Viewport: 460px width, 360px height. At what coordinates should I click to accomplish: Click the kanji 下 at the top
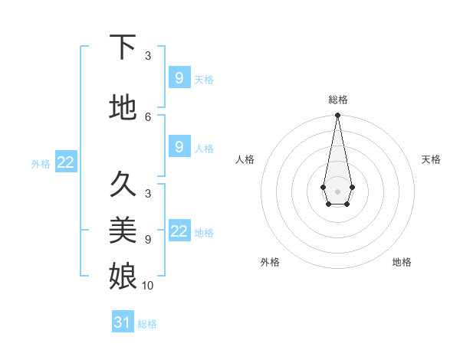123,47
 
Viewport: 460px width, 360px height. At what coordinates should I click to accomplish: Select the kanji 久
123,184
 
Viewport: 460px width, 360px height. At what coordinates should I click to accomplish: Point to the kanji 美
123,230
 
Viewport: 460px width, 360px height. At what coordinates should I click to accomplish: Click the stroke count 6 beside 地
148,116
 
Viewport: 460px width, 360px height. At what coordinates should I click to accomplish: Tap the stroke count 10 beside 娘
148,285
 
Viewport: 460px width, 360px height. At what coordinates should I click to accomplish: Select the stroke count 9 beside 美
148,239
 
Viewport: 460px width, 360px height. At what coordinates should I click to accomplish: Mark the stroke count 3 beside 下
148,56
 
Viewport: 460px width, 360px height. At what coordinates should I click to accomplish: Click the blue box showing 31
123,322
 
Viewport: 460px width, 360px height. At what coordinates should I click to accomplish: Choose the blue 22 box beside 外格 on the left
66,162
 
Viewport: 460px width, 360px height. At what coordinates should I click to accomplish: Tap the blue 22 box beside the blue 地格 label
179,231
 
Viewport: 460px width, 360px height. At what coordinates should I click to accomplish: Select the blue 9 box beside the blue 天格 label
179,78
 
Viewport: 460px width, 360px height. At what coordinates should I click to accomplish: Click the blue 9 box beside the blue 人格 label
179,147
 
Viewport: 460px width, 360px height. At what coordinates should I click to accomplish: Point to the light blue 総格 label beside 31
147,324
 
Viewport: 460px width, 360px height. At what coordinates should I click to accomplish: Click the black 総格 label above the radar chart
337,100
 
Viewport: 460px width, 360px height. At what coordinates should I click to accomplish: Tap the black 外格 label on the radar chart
270,262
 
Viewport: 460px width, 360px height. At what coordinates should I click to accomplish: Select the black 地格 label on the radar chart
402,262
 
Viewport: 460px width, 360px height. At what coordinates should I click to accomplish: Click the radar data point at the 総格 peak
337,116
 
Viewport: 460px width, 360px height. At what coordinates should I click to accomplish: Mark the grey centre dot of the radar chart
337,190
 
